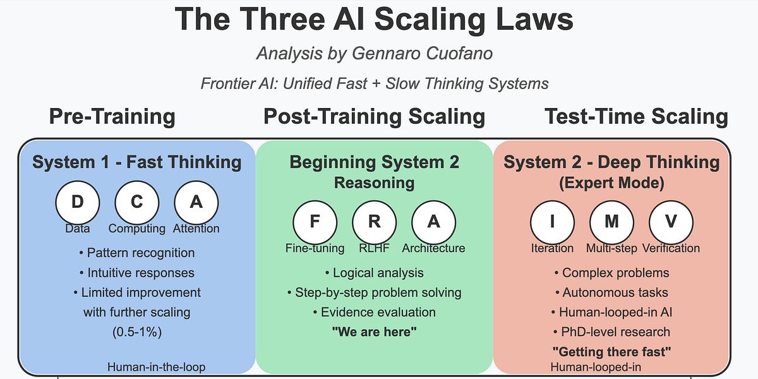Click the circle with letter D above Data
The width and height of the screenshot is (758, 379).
(78, 202)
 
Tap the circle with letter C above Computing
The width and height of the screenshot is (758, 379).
(136, 202)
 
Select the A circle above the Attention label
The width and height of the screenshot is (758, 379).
(196, 202)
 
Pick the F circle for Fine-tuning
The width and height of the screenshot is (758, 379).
(315, 222)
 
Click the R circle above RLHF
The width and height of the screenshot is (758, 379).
(374, 222)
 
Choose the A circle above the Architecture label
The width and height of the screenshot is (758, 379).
(433, 222)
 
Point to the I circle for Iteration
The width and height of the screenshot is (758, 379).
(552, 222)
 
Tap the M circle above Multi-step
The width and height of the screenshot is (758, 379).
(611, 222)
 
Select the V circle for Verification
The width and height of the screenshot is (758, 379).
(671, 222)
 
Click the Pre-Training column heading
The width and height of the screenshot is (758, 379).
(112, 117)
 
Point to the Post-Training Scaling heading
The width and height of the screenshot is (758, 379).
(374, 117)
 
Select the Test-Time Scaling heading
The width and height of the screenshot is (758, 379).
(636, 117)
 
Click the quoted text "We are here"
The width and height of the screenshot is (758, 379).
(375, 332)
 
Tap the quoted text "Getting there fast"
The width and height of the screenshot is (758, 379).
(611, 351)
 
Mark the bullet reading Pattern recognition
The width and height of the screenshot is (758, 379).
(137, 253)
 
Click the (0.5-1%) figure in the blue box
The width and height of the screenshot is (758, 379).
(137, 332)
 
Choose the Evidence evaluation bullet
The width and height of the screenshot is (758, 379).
(374, 312)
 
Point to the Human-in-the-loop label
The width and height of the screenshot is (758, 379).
(156, 366)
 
